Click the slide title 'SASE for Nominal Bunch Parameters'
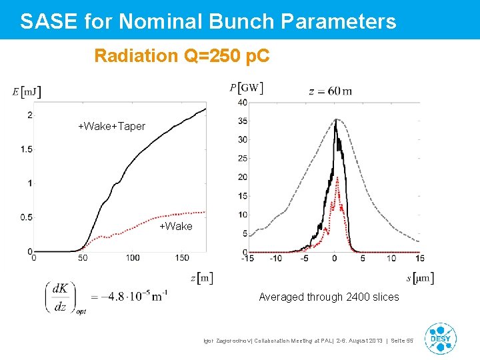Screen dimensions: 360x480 (208, 21)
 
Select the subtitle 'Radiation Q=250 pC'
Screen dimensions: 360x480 (182, 56)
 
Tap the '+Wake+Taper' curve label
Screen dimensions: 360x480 (111, 126)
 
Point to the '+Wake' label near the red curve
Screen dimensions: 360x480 (175, 227)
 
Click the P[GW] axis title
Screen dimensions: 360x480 (246, 88)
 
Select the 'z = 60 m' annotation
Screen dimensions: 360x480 (331, 91)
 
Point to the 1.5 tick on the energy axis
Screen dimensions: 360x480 (26, 149)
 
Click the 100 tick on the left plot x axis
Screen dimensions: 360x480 (132, 258)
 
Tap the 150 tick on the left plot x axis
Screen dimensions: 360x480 (183, 258)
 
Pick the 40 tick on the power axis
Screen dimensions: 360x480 (243, 102)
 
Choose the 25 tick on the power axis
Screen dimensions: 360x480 (243, 159)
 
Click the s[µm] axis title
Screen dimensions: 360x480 (420, 278)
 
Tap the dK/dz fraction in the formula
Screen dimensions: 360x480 (59, 297)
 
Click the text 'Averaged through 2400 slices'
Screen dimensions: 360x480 (329, 297)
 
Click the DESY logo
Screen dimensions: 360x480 (441, 337)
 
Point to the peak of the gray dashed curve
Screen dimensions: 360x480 (335, 120)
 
